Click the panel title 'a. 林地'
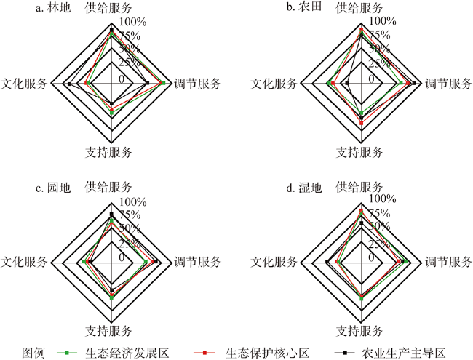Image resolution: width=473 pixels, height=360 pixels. [53, 8]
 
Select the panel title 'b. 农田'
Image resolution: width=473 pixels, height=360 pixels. [303, 7]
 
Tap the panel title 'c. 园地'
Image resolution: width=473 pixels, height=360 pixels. [53, 188]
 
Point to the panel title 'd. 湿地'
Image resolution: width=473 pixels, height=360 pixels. [303, 188]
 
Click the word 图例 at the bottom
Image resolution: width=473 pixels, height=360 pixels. [33, 353]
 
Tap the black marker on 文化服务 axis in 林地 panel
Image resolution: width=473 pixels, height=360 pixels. [69, 84]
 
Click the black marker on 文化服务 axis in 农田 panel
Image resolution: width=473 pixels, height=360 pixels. [348, 83]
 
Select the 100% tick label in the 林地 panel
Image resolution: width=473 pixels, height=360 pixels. [133, 22]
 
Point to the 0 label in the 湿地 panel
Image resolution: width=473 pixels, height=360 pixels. [371, 257]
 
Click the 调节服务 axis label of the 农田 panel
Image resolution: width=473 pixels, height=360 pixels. [448, 84]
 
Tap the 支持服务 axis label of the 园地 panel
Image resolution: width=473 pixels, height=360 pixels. [108, 331]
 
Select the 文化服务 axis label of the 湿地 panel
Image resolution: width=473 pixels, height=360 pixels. [274, 262]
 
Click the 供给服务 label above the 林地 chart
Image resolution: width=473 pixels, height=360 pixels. [108, 8]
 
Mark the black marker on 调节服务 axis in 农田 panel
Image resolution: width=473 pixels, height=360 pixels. [414, 83]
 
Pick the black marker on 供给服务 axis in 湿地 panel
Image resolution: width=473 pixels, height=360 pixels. [362, 223]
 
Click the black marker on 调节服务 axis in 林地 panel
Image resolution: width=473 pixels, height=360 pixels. [147, 83]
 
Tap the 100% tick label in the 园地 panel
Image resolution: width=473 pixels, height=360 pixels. [133, 201]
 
